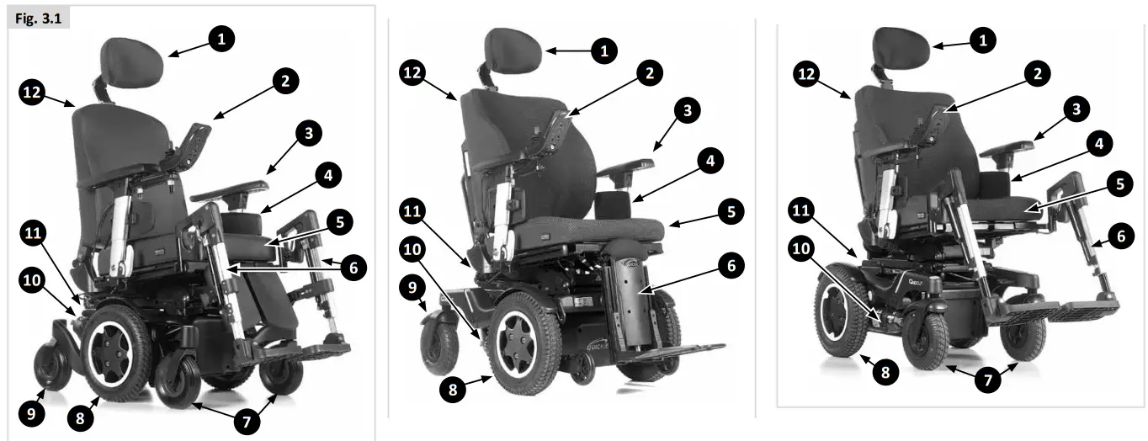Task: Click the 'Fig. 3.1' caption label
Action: (37, 19)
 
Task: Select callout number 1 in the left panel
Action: (221, 39)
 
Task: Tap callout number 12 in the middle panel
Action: (413, 73)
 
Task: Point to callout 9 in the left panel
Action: (32, 413)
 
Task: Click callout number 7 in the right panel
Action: (988, 380)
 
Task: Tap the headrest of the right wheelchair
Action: (901, 45)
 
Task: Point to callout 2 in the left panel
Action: (285, 81)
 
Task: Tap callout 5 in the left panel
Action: (339, 223)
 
